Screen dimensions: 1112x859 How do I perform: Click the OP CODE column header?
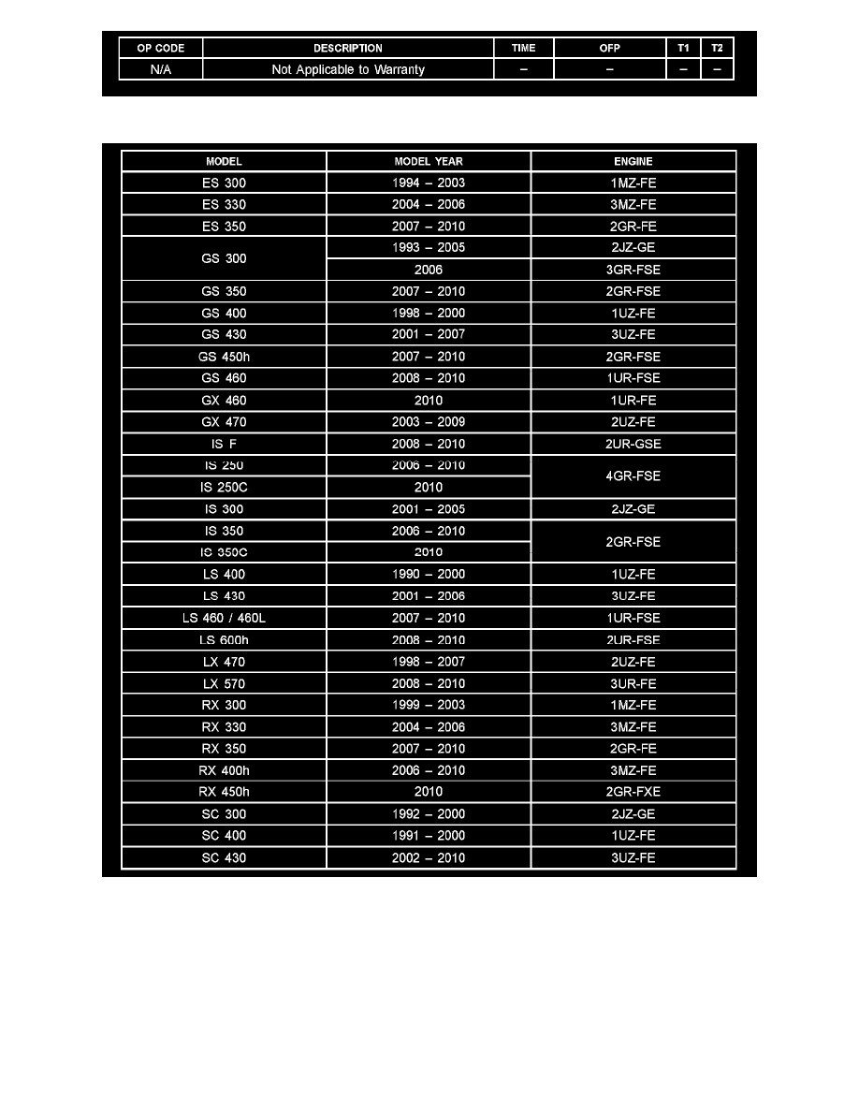point(161,48)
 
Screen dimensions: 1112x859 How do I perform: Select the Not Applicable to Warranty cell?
point(348,69)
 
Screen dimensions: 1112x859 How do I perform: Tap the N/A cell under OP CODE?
point(161,69)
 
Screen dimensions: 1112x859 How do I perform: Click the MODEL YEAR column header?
point(429,161)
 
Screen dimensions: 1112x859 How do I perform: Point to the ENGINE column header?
point(633,161)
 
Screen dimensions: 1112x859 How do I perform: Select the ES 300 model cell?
point(224,183)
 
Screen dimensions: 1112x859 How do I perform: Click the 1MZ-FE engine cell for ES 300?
point(633,183)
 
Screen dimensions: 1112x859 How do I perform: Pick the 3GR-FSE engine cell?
point(633,270)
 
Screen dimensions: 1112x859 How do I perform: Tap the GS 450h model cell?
point(224,357)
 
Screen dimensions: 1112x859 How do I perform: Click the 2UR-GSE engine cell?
point(633,444)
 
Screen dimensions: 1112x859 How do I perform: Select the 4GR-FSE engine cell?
point(633,476)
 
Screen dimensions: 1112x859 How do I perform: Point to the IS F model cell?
point(224,444)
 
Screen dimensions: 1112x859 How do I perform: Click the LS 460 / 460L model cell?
point(224,618)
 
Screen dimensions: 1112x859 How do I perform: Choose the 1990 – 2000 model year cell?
point(429,574)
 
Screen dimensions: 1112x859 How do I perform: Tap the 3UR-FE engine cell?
point(633,683)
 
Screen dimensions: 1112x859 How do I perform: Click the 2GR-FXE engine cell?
point(633,792)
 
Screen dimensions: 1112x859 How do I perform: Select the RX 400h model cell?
point(224,770)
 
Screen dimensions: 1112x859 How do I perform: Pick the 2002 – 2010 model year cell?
point(429,857)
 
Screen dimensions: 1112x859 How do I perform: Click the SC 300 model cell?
point(224,813)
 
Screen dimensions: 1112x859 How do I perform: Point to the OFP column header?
point(609,48)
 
